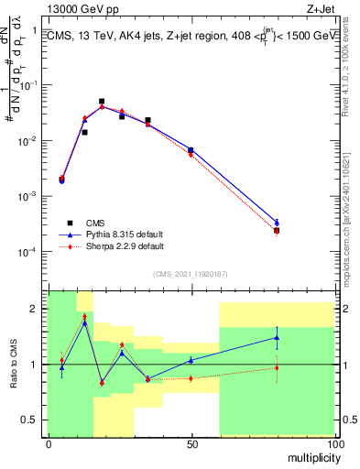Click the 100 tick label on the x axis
(x=334, y=444)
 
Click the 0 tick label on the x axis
(x=48, y=444)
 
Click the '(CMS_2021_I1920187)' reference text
(x=191, y=273)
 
